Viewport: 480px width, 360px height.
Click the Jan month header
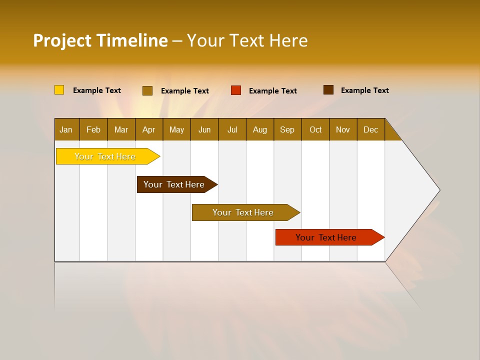click(x=66, y=129)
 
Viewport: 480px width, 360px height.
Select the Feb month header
click(x=93, y=129)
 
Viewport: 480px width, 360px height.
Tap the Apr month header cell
click(x=149, y=129)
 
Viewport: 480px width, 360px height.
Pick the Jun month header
click(x=204, y=129)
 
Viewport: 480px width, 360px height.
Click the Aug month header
click(x=260, y=129)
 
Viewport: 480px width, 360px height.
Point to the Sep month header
click(x=287, y=129)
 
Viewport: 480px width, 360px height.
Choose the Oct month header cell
click(x=315, y=129)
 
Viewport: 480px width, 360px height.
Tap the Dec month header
click(x=371, y=129)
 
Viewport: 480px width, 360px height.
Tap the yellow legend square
click(x=59, y=90)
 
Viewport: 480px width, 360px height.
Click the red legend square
click(x=236, y=90)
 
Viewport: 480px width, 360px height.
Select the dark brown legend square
click(x=328, y=90)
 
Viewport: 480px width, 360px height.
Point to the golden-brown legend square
click(x=147, y=90)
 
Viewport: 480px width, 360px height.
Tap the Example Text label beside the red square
click(x=272, y=91)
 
